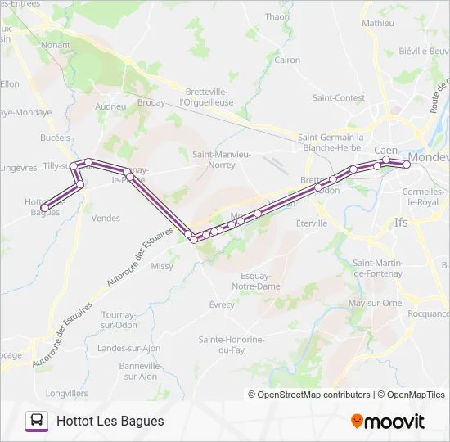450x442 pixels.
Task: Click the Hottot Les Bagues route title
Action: click(x=110, y=421)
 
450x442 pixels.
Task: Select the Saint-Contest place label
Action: click(x=338, y=97)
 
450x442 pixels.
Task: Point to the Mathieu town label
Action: click(x=377, y=23)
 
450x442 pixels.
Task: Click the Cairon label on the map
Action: click(x=287, y=60)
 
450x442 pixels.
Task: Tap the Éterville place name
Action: click(x=311, y=223)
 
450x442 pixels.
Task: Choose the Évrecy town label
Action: click(x=221, y=304)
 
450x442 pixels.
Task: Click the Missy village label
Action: click(x=162, y=266)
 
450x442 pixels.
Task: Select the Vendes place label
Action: click(x=106, y=218)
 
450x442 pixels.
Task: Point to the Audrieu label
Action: click(x=110, y=106)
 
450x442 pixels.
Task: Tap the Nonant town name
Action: click(x=55, y=46)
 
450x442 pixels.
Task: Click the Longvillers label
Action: click(x=66, y=393)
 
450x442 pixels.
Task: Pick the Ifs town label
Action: click(x=400, y=222)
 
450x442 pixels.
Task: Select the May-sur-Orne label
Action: click(x=375, y=303)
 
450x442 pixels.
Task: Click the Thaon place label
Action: click(x=277, y=16)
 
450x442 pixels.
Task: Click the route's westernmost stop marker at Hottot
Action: click(x=44, y=207)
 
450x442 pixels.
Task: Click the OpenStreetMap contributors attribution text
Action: click(x=309, y=395)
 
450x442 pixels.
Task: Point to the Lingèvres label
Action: click(x=19, y=167)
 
